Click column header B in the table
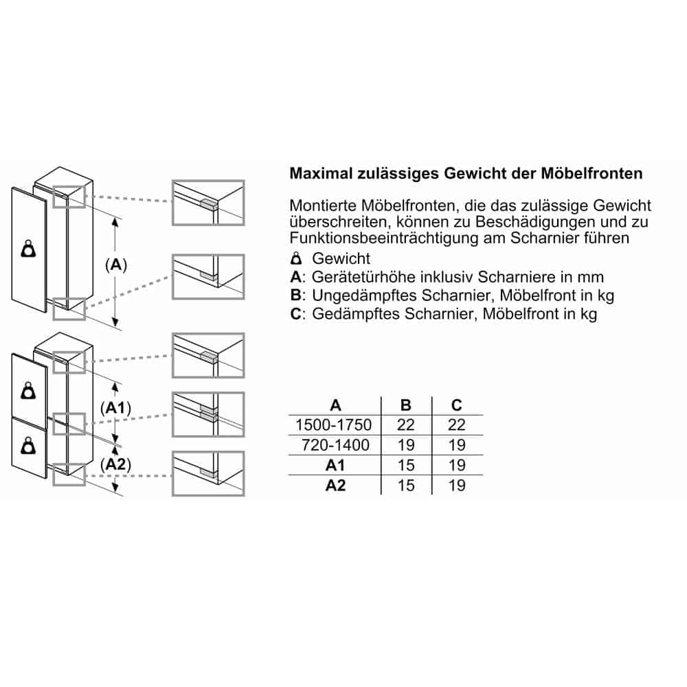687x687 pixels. (x=405, y=405)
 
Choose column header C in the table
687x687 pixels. (x=456, y=405)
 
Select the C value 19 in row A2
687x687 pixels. (x=456, y=486)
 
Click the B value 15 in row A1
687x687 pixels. (x=405, y=466)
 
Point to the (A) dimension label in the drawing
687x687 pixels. (x=115, y=264)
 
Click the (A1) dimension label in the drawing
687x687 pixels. (x=115, y=408)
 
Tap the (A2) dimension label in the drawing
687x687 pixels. (x=115, y=465)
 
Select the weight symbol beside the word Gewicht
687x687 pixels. (x=296, y=259)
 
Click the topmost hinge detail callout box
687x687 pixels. (x=208, y=203)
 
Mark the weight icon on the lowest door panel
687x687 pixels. (x=29, y=447)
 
